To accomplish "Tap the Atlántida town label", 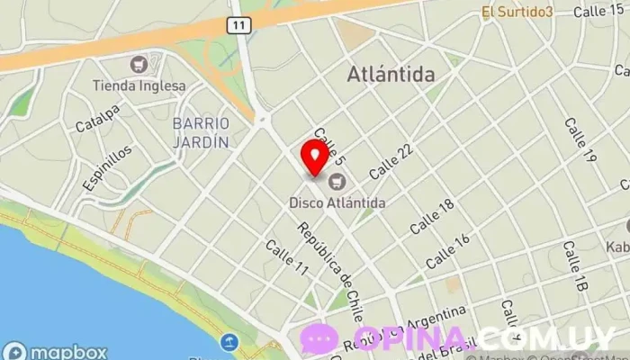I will [x=390, y=75].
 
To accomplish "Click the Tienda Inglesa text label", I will [x=139, y=86].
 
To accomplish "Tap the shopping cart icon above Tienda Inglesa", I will [x=139, y=65].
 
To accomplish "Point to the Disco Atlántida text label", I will [x=337, y=203].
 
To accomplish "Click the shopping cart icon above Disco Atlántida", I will [x=337, y=183].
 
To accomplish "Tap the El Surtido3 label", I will [x=517, y=12].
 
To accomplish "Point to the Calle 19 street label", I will [x=580, y=139].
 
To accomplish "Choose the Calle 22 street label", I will [x=391, y=160].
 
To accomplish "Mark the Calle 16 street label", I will [x=447, y=251].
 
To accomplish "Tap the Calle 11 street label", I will [x=287, y=258].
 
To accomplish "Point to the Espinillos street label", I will [x=106, y=168].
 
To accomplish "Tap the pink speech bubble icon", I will [x=319, y=337].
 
